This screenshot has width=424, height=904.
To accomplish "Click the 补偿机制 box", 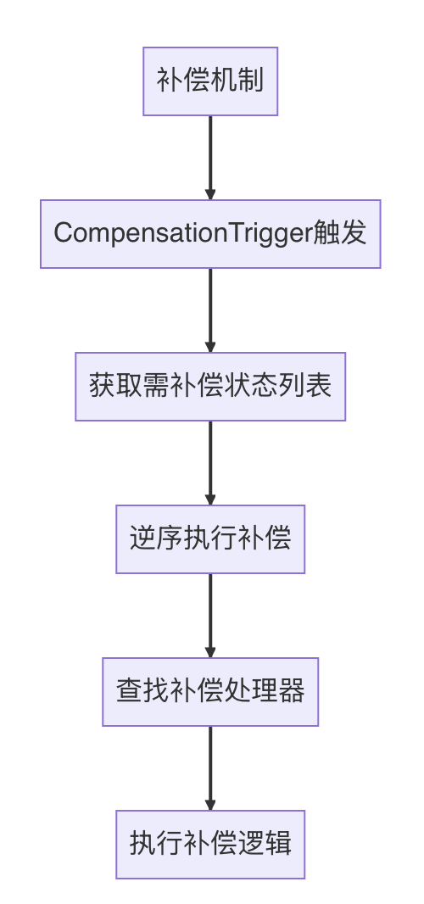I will [x=210, y=81].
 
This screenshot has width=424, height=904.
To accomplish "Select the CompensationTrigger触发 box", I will [x=210, y=234].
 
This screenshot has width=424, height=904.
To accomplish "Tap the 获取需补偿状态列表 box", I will [x=210, y=387].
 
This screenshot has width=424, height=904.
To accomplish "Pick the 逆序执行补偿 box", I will [x=210, y=539].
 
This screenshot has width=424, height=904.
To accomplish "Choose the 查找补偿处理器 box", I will [x=210, y=692].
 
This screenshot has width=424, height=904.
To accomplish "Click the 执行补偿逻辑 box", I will [x=210, y=845].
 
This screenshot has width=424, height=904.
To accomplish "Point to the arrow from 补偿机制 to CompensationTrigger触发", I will [x=210, y=157].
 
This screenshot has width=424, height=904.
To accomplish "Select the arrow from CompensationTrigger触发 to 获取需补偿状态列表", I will [x=210, y=310].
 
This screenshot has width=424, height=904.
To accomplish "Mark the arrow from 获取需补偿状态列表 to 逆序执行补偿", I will [x=210, y=462].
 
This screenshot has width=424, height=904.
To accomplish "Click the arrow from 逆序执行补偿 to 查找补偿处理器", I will [x=210, y=615].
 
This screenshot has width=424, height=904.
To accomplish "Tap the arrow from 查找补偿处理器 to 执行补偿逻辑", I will [x=210, y=767].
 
